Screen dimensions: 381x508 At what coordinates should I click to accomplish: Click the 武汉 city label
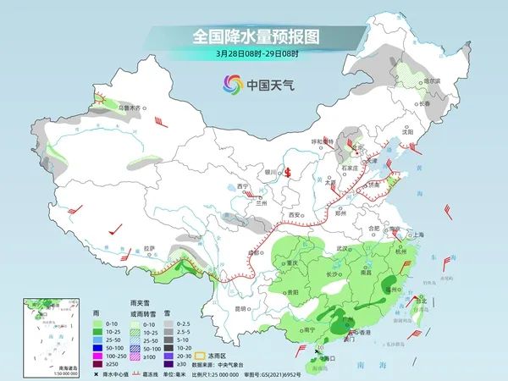(x=342, y=248)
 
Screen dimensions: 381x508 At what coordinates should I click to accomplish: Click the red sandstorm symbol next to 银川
(x=288, y=172)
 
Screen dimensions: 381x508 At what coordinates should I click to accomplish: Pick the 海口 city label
(x=329, y=357)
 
